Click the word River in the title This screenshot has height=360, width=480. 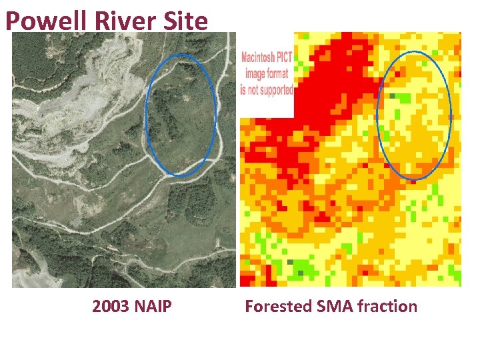point(114,21)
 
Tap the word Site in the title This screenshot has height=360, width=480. point(183,21)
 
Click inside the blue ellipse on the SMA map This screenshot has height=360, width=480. point(414,117)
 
